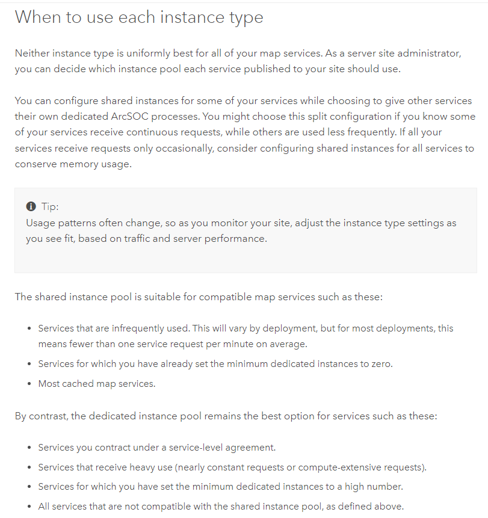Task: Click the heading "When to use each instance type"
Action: tap(139, 17)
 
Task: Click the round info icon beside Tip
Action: tap(31, 206)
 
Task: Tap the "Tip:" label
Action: tap(50, 206)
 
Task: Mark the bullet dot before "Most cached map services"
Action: tap(29, 383)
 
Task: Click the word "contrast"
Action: tap(48, 416)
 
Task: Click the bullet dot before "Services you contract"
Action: tap(29, 448)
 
